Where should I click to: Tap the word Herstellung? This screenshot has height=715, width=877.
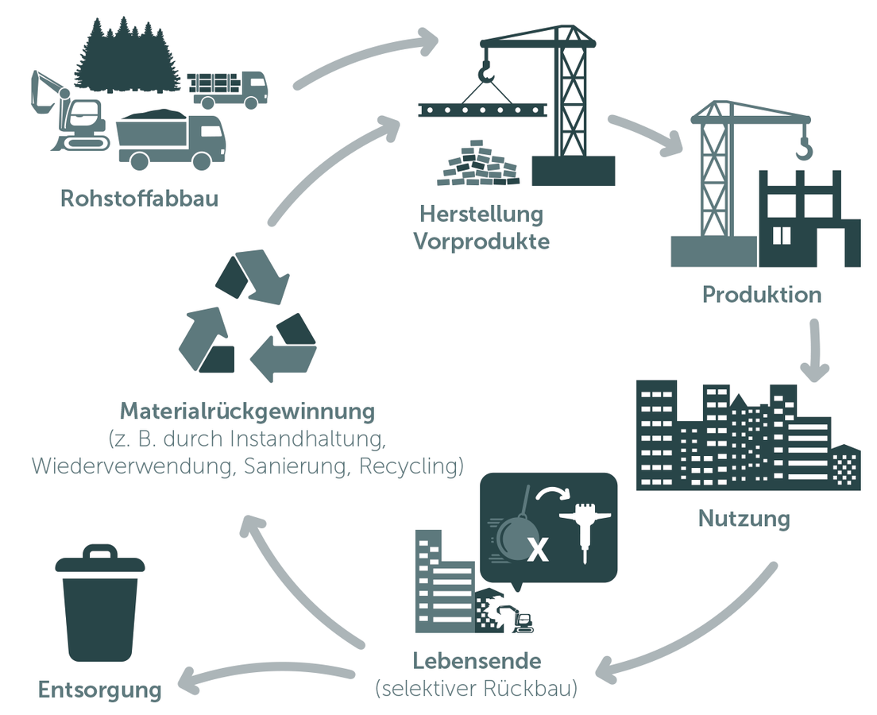click(x=481, y=214)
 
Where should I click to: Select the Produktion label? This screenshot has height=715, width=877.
click(x=761, y=295)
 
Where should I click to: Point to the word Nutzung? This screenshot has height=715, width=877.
click(x=744, y=519)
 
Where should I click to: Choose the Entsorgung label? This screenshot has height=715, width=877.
click(x=99, y=690)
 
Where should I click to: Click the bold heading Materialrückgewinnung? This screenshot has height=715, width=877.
click(x=246, y=412)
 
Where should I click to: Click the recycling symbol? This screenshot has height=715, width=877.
click(x=247, y=315)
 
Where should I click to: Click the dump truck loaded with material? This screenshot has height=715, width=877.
click(x=170, y=138)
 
